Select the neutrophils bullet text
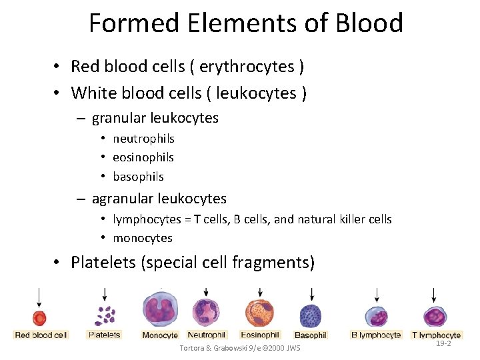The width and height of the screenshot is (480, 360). pos(143,139)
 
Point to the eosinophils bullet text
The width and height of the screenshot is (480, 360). pos(143,157)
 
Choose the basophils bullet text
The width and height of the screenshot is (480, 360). pos(138,177)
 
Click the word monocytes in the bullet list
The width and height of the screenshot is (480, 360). pos(143,238)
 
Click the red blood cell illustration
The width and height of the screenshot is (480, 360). pos(39,317)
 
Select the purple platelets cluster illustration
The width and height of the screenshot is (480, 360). pos(105,315)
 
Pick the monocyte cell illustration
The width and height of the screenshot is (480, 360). pos(160,311)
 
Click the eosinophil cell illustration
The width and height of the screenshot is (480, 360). pos(259,313)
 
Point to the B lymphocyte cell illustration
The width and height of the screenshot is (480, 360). pos(376,316)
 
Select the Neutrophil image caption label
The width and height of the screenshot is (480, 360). pos(207,335)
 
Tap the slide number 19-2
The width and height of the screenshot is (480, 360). pos(443,343)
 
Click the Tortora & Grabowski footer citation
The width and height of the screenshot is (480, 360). pos(240,349)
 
